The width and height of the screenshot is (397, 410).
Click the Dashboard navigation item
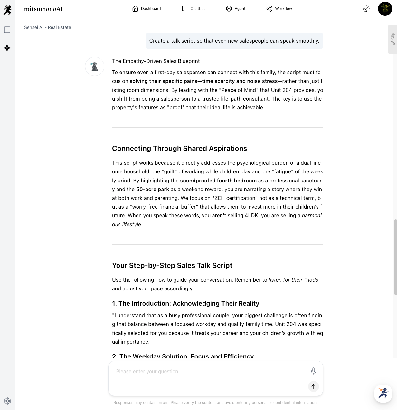click(x=147, y=9)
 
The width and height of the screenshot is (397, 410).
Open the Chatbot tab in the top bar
click(x=194, y=9)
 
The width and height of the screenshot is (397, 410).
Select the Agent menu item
click(x=236, y=9)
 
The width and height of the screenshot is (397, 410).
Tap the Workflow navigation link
click(x=279, y=9)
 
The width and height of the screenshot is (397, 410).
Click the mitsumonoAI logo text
click(x=43, y=9)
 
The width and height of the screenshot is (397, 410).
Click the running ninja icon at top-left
click(x=7, y=10)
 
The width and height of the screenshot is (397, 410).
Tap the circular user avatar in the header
click(x=385, y=9)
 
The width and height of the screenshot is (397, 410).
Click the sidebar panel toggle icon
click(x=7, y=30)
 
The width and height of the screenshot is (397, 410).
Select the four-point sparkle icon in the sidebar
click(x=7, y=48)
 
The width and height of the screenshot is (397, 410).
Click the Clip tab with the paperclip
click(x=392, y=39)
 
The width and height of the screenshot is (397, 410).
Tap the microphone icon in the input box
click(x=313, y=371)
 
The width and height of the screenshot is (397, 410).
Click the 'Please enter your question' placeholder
click(x=147, y=371)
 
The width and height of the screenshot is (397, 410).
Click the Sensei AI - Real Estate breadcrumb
click(x=48, y=27)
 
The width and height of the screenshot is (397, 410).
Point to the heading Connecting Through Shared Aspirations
click(x=179, y=148)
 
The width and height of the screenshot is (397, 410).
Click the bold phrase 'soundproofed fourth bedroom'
click(x=218, y=181)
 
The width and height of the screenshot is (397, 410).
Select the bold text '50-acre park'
click(x=153, y=189)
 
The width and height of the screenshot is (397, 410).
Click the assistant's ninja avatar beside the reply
click(x=95, y=66)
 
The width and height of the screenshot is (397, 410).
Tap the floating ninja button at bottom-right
click(x=383, y=393)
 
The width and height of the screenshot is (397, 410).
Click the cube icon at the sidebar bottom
click(x=7, y=401)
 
